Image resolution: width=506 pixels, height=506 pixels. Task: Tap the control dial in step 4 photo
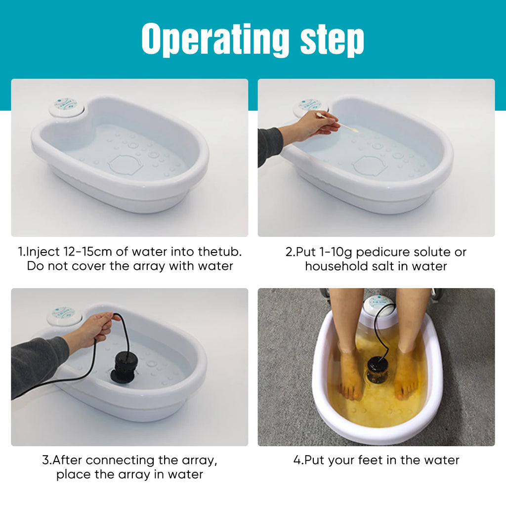[379, 305]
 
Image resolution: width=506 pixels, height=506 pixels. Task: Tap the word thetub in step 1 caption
[219, 252]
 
